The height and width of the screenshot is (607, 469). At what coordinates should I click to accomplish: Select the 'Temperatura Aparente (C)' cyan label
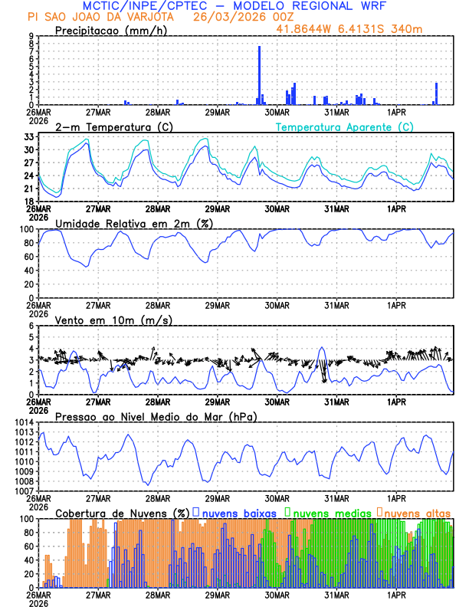[x=344, y=126]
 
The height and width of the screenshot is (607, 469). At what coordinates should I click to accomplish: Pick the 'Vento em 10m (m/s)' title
[x=113, y=320]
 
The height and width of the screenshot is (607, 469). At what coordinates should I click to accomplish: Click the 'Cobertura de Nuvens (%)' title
[x=123, y=513]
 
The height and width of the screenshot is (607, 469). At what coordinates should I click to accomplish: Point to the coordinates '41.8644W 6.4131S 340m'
[x=349, y=29]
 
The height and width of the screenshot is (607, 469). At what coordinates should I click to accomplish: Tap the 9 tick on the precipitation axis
[x=31, y=36]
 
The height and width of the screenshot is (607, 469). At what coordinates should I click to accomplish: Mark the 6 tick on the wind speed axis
[x=31, y=326]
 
